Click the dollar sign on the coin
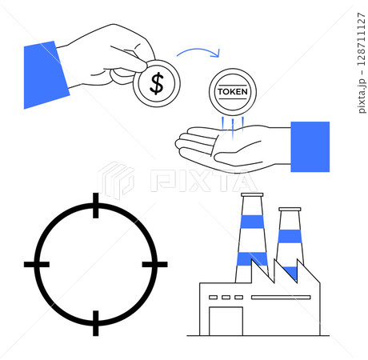coord(157,84)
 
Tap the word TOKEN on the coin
coord(233,92)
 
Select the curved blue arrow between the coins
coord(198,50)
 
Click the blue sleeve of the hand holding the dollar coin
coord(46,74)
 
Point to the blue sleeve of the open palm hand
coord(310,146)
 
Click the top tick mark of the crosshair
coord(96,206)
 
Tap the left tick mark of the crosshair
coord(37,264)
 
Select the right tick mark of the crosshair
coord(154,264)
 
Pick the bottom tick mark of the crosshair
coord(96,323)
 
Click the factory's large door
coord(226,321)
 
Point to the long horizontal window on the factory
coord(281,297)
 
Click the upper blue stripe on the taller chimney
coord(252,222)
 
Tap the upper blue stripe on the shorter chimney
coord(290,236)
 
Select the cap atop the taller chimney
coord(252,194)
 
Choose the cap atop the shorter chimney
coord(290,209)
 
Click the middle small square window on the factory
coord(226,297)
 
